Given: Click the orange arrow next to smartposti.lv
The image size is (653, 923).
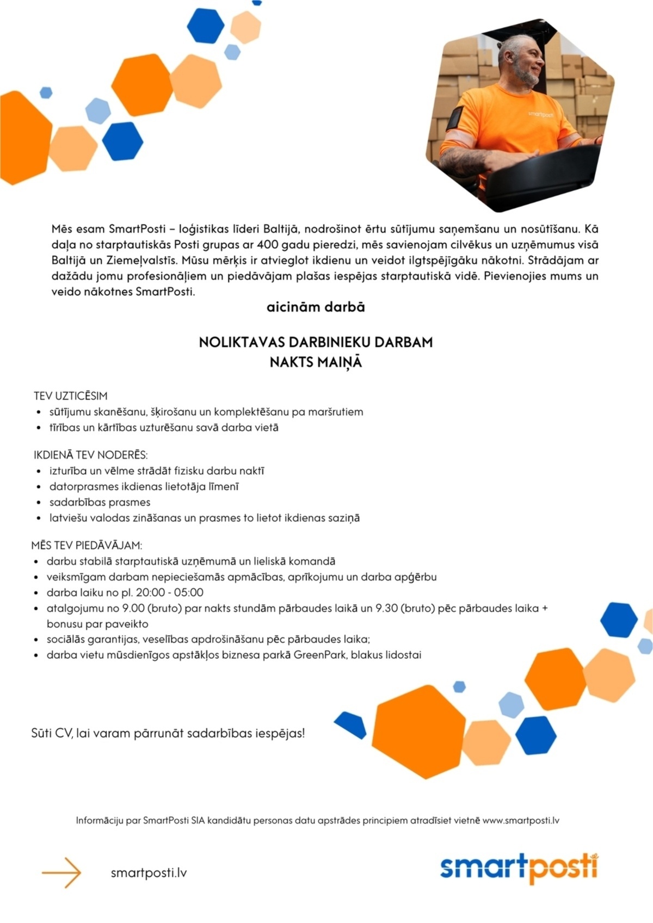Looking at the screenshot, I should [61, 872].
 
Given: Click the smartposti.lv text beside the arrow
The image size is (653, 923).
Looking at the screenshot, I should [149, 873].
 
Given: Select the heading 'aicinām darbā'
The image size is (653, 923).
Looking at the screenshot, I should [316, 307].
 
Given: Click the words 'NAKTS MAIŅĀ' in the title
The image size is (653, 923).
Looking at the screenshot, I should [316, 362].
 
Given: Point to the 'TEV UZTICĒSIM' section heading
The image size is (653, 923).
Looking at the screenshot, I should [71, 396].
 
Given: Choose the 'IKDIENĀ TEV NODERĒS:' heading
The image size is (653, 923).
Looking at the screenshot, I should [91, 455].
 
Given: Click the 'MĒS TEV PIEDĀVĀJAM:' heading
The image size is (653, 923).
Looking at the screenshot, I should [87, 545].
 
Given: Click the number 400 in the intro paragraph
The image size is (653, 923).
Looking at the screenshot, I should [268, 245].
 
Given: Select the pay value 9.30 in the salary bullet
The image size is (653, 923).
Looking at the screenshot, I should [386, 608].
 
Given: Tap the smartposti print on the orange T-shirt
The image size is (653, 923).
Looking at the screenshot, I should [540, 114].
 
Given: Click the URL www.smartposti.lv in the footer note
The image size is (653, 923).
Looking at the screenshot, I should [521, 820].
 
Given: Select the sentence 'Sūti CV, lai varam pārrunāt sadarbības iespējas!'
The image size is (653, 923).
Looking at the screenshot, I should [168, 733].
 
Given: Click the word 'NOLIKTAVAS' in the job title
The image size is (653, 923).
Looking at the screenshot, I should [241, 343].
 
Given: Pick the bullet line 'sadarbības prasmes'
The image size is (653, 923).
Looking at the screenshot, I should [100, 502].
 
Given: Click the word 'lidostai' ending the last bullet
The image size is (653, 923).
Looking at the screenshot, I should [403, 655].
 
